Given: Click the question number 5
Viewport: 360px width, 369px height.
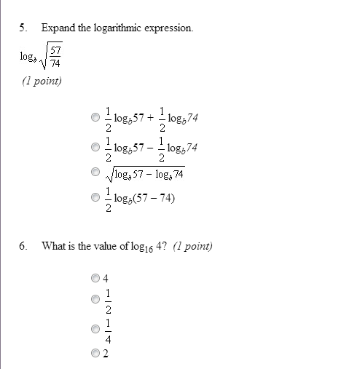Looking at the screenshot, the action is click(23, 28).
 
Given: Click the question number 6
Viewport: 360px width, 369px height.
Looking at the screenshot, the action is click(23, 246).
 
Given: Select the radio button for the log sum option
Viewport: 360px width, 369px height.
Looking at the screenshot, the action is click(95, 116).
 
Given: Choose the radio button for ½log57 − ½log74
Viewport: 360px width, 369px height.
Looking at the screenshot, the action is click(95, 146).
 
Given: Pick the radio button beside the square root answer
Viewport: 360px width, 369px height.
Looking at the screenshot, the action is click(95, 172).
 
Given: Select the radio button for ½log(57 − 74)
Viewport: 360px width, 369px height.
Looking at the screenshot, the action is click(95, 198).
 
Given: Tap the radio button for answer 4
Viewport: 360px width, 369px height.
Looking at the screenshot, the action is click(95, 277).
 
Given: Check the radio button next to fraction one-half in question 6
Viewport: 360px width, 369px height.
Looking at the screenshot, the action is click(95, 298).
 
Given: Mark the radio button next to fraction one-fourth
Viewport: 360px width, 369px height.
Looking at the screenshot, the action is click(95, 329).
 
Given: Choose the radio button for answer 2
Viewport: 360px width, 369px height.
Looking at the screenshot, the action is click(95, 354).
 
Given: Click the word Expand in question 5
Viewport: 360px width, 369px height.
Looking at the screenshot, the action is click(57, 28).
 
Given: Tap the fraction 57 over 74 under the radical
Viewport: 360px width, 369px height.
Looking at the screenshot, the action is click(55, 56).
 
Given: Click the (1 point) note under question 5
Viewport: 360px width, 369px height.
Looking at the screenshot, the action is click(42, 81).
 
